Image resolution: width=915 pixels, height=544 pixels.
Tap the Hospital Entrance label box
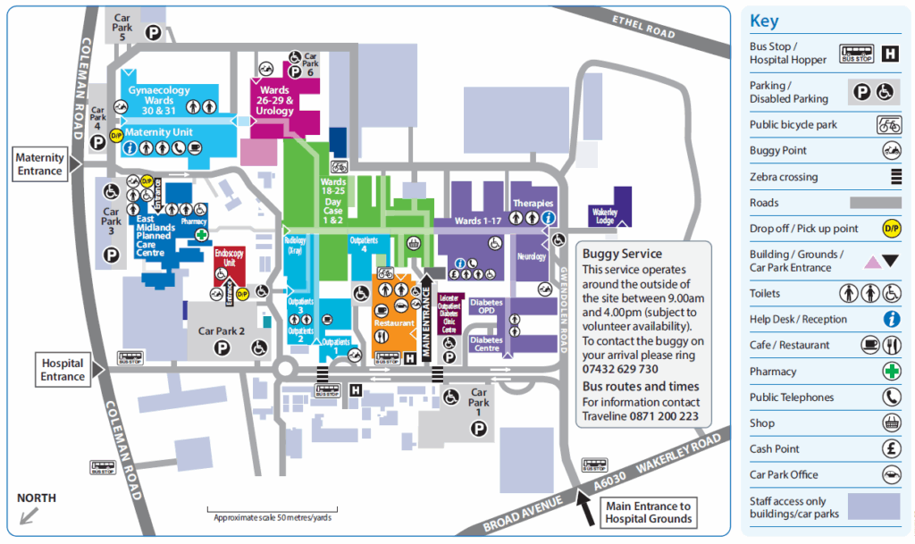coord(63,370)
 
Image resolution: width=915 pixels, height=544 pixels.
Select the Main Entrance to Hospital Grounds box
coord(648,512)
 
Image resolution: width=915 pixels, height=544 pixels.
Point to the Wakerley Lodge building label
coord(604,215)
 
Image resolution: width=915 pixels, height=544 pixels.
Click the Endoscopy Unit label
coord(229,259)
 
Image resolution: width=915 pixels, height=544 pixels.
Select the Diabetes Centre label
coord(486,344)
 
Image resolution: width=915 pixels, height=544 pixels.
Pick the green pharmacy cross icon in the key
coord(891,372)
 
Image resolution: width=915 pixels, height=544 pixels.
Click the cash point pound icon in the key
coord(891,449)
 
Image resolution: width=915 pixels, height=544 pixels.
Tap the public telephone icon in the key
coord(891,398)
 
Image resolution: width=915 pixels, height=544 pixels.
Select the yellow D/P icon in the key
coord(891,229)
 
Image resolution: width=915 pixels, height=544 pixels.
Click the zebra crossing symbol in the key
coord(892,177)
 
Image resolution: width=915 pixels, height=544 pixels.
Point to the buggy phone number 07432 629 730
coord(620,369)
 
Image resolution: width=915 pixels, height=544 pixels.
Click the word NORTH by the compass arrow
coord(36,498)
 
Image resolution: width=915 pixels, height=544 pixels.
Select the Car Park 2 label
coord(221,331)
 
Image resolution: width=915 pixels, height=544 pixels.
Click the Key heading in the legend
coord(764,20)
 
